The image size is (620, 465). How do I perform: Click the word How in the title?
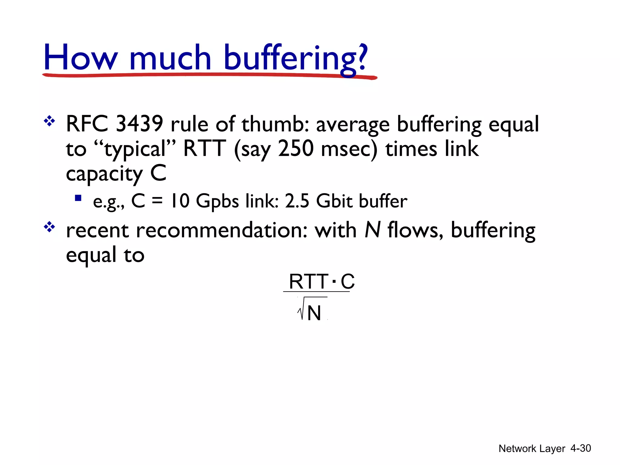[80, 58]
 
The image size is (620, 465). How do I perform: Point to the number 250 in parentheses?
[296, 149]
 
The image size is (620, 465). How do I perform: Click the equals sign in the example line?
[157, 201]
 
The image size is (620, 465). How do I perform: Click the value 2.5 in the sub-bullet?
[297, 201]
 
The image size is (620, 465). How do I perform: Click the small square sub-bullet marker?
[78, 198]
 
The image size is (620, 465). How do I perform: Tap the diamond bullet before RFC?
[49, 122]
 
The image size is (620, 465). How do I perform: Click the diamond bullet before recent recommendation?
[49, 227]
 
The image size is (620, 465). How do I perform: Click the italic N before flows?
[372, 230]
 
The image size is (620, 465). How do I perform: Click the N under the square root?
[314, 313]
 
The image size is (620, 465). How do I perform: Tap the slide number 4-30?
[580, 448]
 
